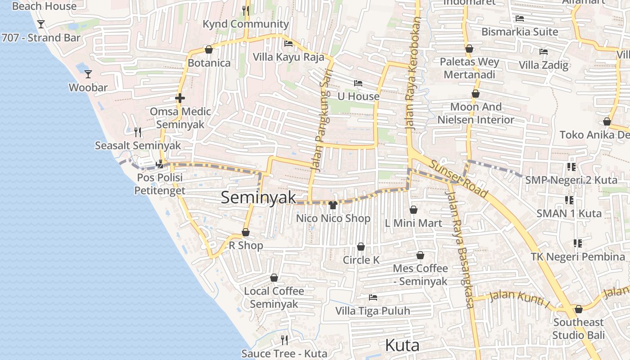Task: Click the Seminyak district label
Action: click(259, 198)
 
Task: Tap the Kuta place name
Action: click(402, 346)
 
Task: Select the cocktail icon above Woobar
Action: click(88, 74)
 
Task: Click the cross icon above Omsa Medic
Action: click(180, 98)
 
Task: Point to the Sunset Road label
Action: click(458, 179)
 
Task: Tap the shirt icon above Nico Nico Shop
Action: click(333, 205)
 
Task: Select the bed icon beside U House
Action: click(358, 83)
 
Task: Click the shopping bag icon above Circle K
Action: click(361, 247)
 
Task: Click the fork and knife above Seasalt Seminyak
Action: click(138, 132)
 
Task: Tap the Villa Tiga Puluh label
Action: click(373, 311)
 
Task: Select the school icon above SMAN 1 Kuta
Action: click(569, 200)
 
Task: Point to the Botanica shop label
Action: click(209, 63)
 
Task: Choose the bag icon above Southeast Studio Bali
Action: click(579, 309)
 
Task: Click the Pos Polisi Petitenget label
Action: click(160, 184)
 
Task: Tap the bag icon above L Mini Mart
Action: click(414, 210)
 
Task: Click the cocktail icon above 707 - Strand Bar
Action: click(41, 24)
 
